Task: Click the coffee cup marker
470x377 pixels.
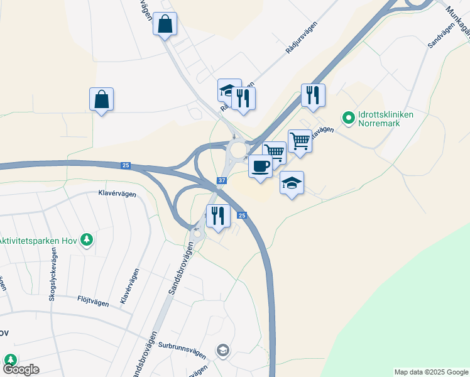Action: (x=260, y=166)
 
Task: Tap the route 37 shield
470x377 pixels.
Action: (x=221, y=181)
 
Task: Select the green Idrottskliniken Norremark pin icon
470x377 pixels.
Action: (x=347, y=117)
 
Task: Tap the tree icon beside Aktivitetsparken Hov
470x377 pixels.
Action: (x=87, y=240)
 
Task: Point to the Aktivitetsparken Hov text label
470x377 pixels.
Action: (x=38, y=240)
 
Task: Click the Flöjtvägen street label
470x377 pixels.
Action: (x=93, y=302)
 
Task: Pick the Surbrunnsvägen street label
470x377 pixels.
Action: (x=183, y=345)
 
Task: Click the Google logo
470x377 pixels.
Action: (x=21, y=369)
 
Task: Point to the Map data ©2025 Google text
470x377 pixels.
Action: (x=430, y=372)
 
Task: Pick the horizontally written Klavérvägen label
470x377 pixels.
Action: (x=117, y=194)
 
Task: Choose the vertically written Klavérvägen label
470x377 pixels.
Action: (x=128, y=288)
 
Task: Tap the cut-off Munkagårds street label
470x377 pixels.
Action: (x=456, y=18)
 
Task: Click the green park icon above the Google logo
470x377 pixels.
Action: (x=10, y=359)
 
